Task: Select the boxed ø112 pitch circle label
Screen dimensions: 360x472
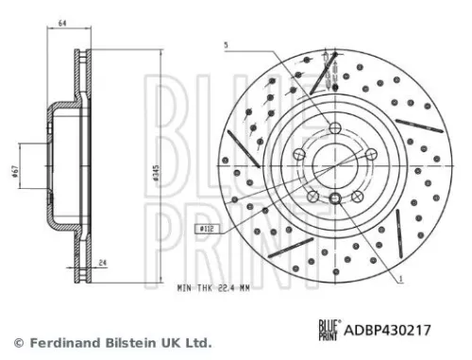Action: coord(205,229)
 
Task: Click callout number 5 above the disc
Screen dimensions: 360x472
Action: coord(226,45)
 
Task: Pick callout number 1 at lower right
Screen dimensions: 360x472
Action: coord(400,278)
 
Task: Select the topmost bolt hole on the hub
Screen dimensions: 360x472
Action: coord(335,128)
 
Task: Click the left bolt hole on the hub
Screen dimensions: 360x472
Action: coord(299,156)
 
